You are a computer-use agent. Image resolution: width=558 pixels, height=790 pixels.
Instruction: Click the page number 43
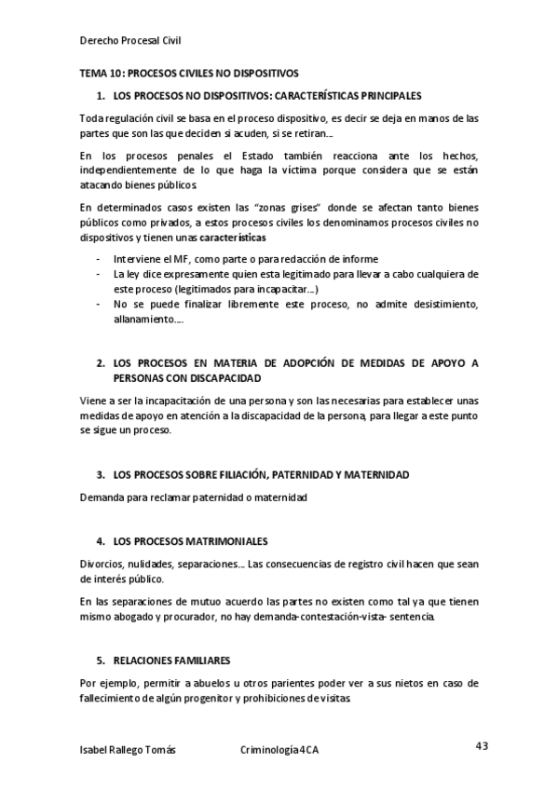[x=482, y=745]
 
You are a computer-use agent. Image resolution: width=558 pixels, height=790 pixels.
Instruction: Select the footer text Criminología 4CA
[x=279, y=749]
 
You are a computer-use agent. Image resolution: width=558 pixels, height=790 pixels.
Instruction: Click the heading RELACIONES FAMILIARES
[x=170, y=661]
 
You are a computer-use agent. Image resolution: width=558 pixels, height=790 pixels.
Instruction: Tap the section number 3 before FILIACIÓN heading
[x=101, y=474]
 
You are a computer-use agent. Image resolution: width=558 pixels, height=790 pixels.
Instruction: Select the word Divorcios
[x=102, y=565]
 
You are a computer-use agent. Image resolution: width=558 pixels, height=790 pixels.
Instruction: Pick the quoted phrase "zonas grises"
[x=286, y=208]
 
